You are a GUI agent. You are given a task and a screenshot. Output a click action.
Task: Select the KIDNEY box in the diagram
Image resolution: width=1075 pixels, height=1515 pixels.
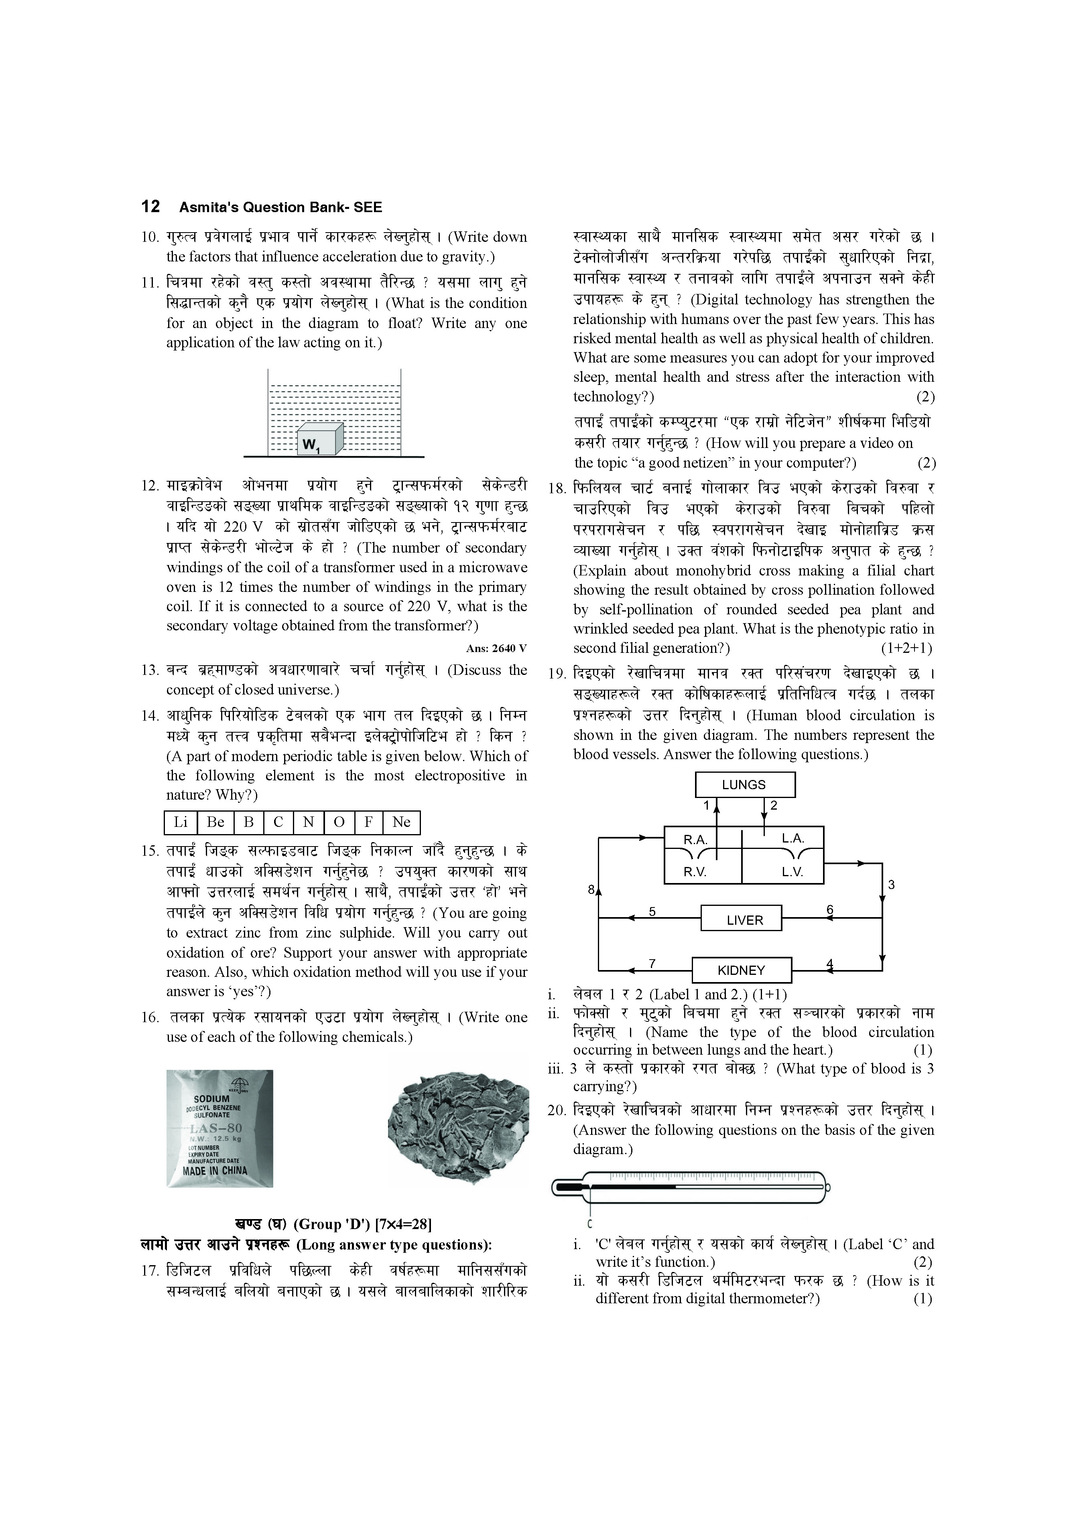pos(742,970)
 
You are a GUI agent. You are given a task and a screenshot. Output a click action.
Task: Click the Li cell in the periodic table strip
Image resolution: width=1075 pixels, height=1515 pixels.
pos(180,822)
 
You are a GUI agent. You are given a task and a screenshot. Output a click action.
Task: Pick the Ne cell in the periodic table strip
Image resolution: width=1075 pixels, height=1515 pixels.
pos(401,822)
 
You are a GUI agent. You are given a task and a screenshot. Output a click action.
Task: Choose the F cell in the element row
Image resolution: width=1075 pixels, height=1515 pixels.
pos(369,822)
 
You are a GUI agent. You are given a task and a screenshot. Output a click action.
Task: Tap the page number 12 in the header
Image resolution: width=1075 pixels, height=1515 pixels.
pos(150,207)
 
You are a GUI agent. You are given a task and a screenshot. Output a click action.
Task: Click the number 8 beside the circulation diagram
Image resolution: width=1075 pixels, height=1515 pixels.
pos(591,890)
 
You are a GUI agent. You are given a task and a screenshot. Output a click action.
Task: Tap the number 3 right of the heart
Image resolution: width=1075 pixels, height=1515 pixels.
pos(891,885)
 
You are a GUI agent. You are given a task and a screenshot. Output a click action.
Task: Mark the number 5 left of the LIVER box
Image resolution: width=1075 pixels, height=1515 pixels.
pos(652,911)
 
